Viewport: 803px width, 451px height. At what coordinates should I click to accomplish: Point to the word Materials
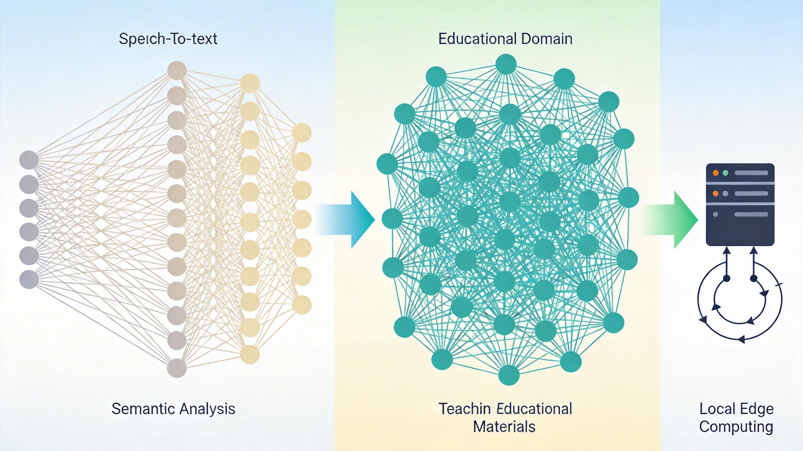coord(504,427)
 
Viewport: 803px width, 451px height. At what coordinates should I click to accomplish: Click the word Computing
coord(736,427)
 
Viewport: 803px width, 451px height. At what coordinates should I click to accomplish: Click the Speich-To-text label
coord(168,39)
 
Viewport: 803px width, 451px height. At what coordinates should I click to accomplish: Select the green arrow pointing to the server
coord(670,220)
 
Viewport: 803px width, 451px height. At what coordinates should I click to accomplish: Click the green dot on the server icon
coord(725,173)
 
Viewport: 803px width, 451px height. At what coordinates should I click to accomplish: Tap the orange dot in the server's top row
coord(716,173)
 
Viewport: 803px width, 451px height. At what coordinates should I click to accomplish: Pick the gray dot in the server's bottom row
coord(715,215)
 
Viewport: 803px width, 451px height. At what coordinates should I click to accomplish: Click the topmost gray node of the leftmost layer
coord(29,160)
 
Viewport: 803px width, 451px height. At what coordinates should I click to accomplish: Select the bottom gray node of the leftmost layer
coord(29,279)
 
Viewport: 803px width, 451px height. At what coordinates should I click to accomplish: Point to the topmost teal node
coord(506,65)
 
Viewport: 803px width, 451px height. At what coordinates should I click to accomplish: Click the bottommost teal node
coord(509,375)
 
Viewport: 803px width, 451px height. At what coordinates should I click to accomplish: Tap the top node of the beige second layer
coord(177,70)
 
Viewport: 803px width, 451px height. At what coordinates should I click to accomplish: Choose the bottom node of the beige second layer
coord(177,368)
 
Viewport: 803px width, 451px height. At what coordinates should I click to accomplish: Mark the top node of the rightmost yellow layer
coord(302,133)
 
